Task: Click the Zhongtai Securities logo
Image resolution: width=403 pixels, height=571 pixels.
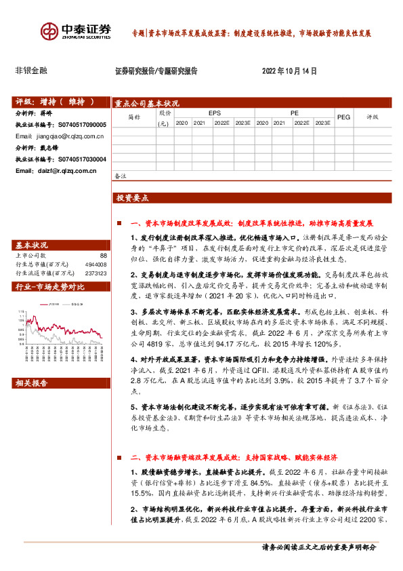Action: [75, 31]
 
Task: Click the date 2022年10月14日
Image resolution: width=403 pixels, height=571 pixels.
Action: [289, 71]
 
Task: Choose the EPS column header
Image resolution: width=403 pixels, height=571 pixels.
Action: [214, 113]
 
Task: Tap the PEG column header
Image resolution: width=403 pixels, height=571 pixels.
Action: [343, 117]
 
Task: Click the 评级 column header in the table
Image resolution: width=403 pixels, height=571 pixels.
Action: [373, 117]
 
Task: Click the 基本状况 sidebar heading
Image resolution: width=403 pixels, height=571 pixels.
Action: [32, 245]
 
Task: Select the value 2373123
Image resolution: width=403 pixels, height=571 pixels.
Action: [95, 273]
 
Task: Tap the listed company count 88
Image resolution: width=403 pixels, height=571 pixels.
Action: [103, 255]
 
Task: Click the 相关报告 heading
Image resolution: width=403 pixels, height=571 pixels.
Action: [32, 384]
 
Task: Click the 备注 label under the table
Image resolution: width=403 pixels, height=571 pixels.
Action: [121, 176]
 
